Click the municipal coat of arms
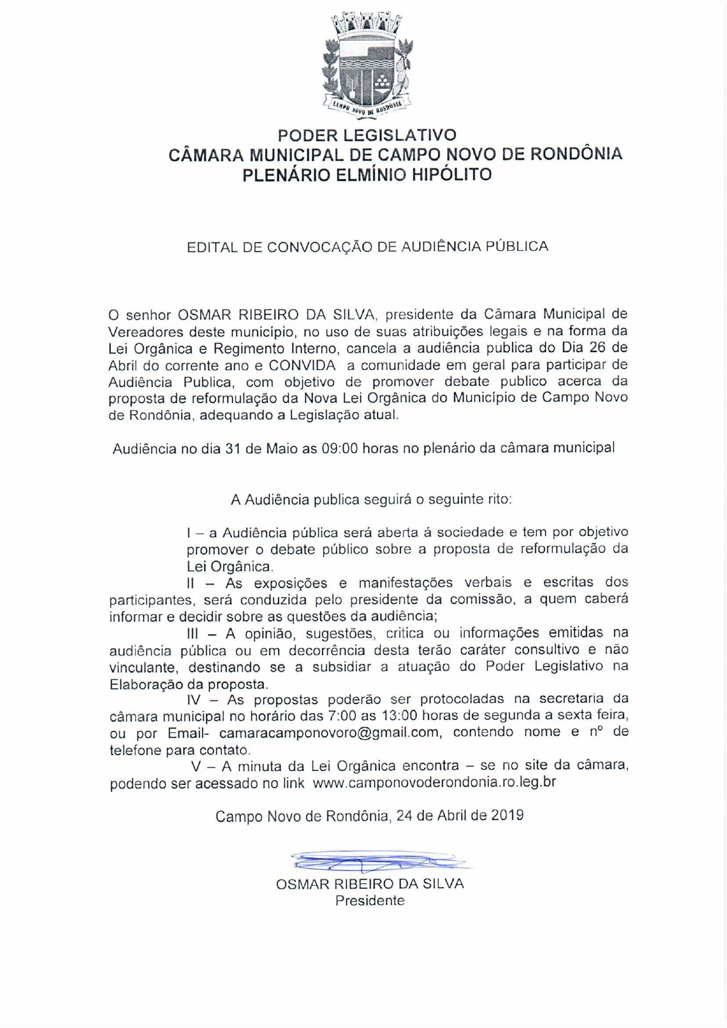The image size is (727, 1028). [367, 64]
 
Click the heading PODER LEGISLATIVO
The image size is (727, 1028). [367, 135]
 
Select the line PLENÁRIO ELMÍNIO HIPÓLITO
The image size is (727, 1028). [367, 175]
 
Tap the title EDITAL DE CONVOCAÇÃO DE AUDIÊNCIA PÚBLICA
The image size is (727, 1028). [367, 247]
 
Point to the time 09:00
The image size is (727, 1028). [339, 449]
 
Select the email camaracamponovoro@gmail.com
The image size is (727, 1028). [329, 732]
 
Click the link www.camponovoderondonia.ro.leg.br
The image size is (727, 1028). [434, 783]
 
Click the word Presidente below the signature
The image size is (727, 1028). [369, 900]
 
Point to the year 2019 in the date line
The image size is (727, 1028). [507, 815]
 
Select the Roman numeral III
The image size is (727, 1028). [193, 633]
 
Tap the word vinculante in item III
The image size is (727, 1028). [142, 667]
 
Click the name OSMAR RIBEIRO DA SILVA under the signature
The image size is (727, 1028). [370, 884]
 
